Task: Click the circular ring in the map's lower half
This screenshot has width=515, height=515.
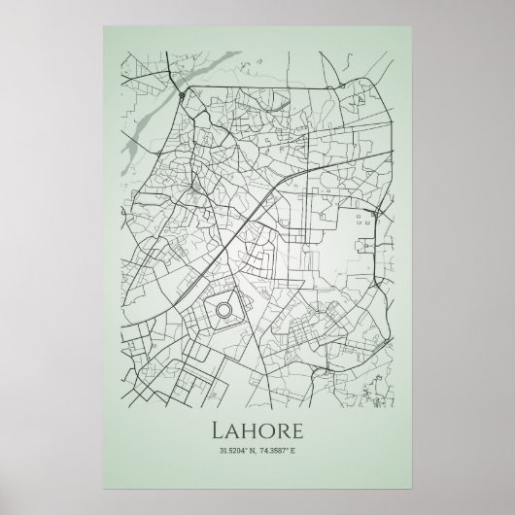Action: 223,310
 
